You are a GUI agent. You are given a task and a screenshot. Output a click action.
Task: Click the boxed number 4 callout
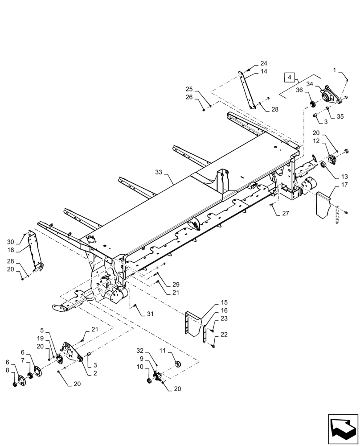[x=290, y=78]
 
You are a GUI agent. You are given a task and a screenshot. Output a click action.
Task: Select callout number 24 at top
[x=264, y=63]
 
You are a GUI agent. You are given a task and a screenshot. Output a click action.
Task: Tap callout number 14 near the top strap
[x=264, y=71]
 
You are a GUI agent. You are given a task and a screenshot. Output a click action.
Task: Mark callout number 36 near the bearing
[x=299, y=91]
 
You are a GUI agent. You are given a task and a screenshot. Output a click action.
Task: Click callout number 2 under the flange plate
[x=95, y=373]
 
